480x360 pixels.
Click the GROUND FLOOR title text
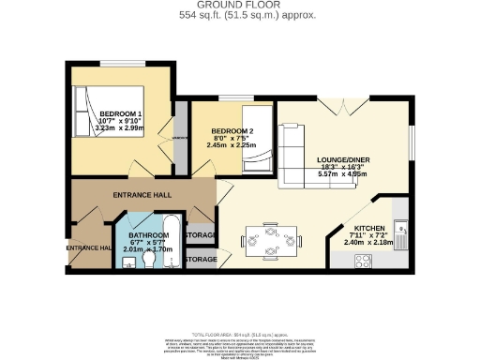[x=239, y=6]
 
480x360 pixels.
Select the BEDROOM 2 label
[x=231, y=130]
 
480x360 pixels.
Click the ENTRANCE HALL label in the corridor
[x=142, y=194]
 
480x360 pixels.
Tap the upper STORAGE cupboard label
[x=202, y=234]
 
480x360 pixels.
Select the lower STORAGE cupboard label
[x=202, y=258]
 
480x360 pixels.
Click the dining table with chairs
[x=270, y=239]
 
